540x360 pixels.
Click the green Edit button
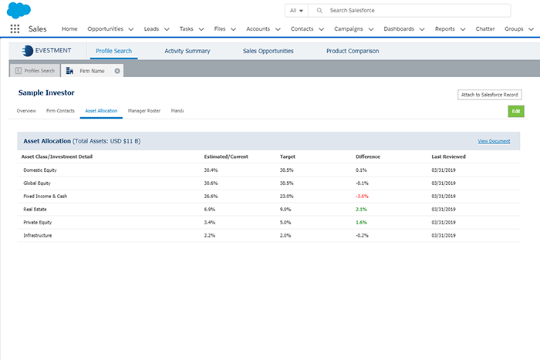tap(516, 111)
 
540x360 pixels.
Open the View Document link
tap(494, 141)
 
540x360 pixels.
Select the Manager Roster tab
tap(144, 111)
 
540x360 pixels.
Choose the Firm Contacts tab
tap(61, 111)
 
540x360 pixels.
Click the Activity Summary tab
tap(187, 51)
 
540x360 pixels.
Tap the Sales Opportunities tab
tap(268, 51)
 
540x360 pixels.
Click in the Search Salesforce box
tap(417, 11)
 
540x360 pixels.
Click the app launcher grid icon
tap(15, 29)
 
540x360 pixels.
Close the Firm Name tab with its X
tap(117, 70)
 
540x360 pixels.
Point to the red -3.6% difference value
tap(363, 196)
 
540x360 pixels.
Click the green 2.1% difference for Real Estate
tap(361, 209)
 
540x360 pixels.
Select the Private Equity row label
tap(38, 222)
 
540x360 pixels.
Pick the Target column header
tap(287, 156)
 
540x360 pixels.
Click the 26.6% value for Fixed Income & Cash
tap(211, 196)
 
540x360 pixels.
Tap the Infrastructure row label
tap(38, 235)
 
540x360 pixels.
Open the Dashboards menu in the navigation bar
tap(403, 29)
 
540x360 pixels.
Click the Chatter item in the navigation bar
tap(485, 29)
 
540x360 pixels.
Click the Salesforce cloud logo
tap(19, 9)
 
